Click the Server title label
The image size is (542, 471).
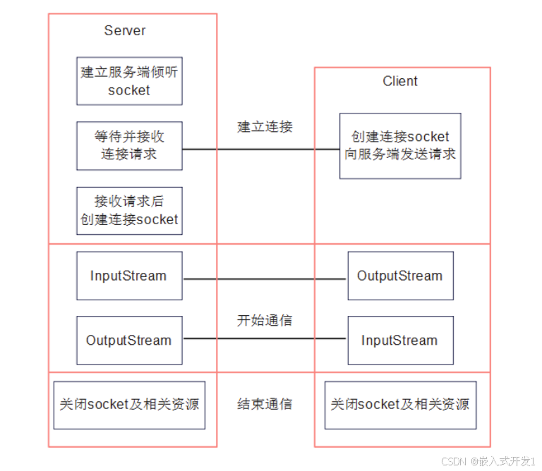125,30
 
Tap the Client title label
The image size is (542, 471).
400,81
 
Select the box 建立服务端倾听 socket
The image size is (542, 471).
129,81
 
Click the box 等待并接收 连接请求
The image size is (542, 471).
129,145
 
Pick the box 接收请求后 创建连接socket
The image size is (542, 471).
129,210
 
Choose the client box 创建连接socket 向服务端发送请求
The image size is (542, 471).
400,145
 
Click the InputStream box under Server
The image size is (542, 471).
129,276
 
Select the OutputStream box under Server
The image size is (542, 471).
129,341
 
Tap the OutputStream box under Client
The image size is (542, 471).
399,276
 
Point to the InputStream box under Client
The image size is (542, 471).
399,341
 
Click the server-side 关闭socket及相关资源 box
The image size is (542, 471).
129,405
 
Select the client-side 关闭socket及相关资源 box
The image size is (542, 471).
400,405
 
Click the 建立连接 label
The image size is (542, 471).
265,127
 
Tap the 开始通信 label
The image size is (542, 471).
265,320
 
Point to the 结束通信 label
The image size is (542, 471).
265,404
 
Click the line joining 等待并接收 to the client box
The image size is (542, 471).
261,149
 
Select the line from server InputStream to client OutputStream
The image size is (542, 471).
265,279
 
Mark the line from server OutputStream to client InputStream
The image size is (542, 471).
265,338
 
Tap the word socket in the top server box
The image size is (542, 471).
129,90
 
